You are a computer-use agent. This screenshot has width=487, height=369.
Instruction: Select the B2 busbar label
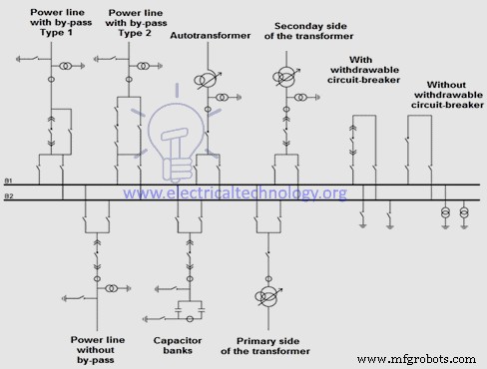[8, 195]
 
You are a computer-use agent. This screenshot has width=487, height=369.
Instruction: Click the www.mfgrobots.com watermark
[430, 355]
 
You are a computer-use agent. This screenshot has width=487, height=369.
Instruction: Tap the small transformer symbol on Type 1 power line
[65, 66]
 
